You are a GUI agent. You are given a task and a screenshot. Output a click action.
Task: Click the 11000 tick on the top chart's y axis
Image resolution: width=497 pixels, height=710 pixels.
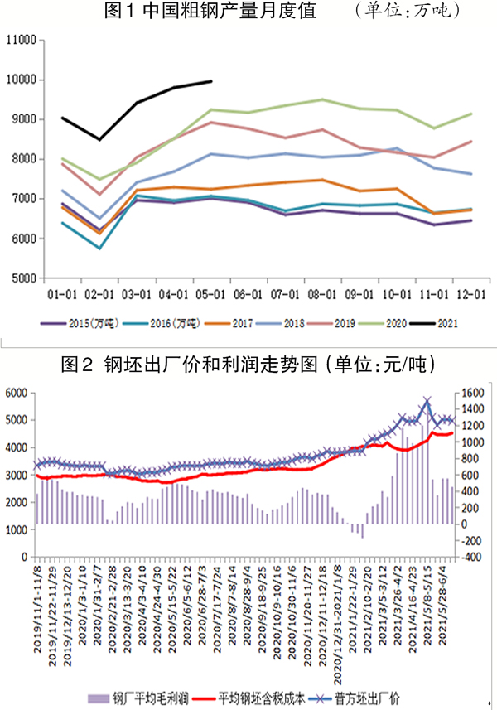tap(21, 40)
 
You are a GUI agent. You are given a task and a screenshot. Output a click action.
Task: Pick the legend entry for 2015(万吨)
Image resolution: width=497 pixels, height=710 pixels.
tap(89, 323)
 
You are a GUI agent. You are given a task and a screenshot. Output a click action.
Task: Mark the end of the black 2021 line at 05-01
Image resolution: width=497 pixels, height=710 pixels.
tap(212, 81)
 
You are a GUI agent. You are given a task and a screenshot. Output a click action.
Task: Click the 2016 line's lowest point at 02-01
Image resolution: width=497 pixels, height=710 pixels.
tap(100, 248)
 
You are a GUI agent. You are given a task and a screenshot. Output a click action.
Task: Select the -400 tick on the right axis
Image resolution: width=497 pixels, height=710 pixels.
tap(471, 556)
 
